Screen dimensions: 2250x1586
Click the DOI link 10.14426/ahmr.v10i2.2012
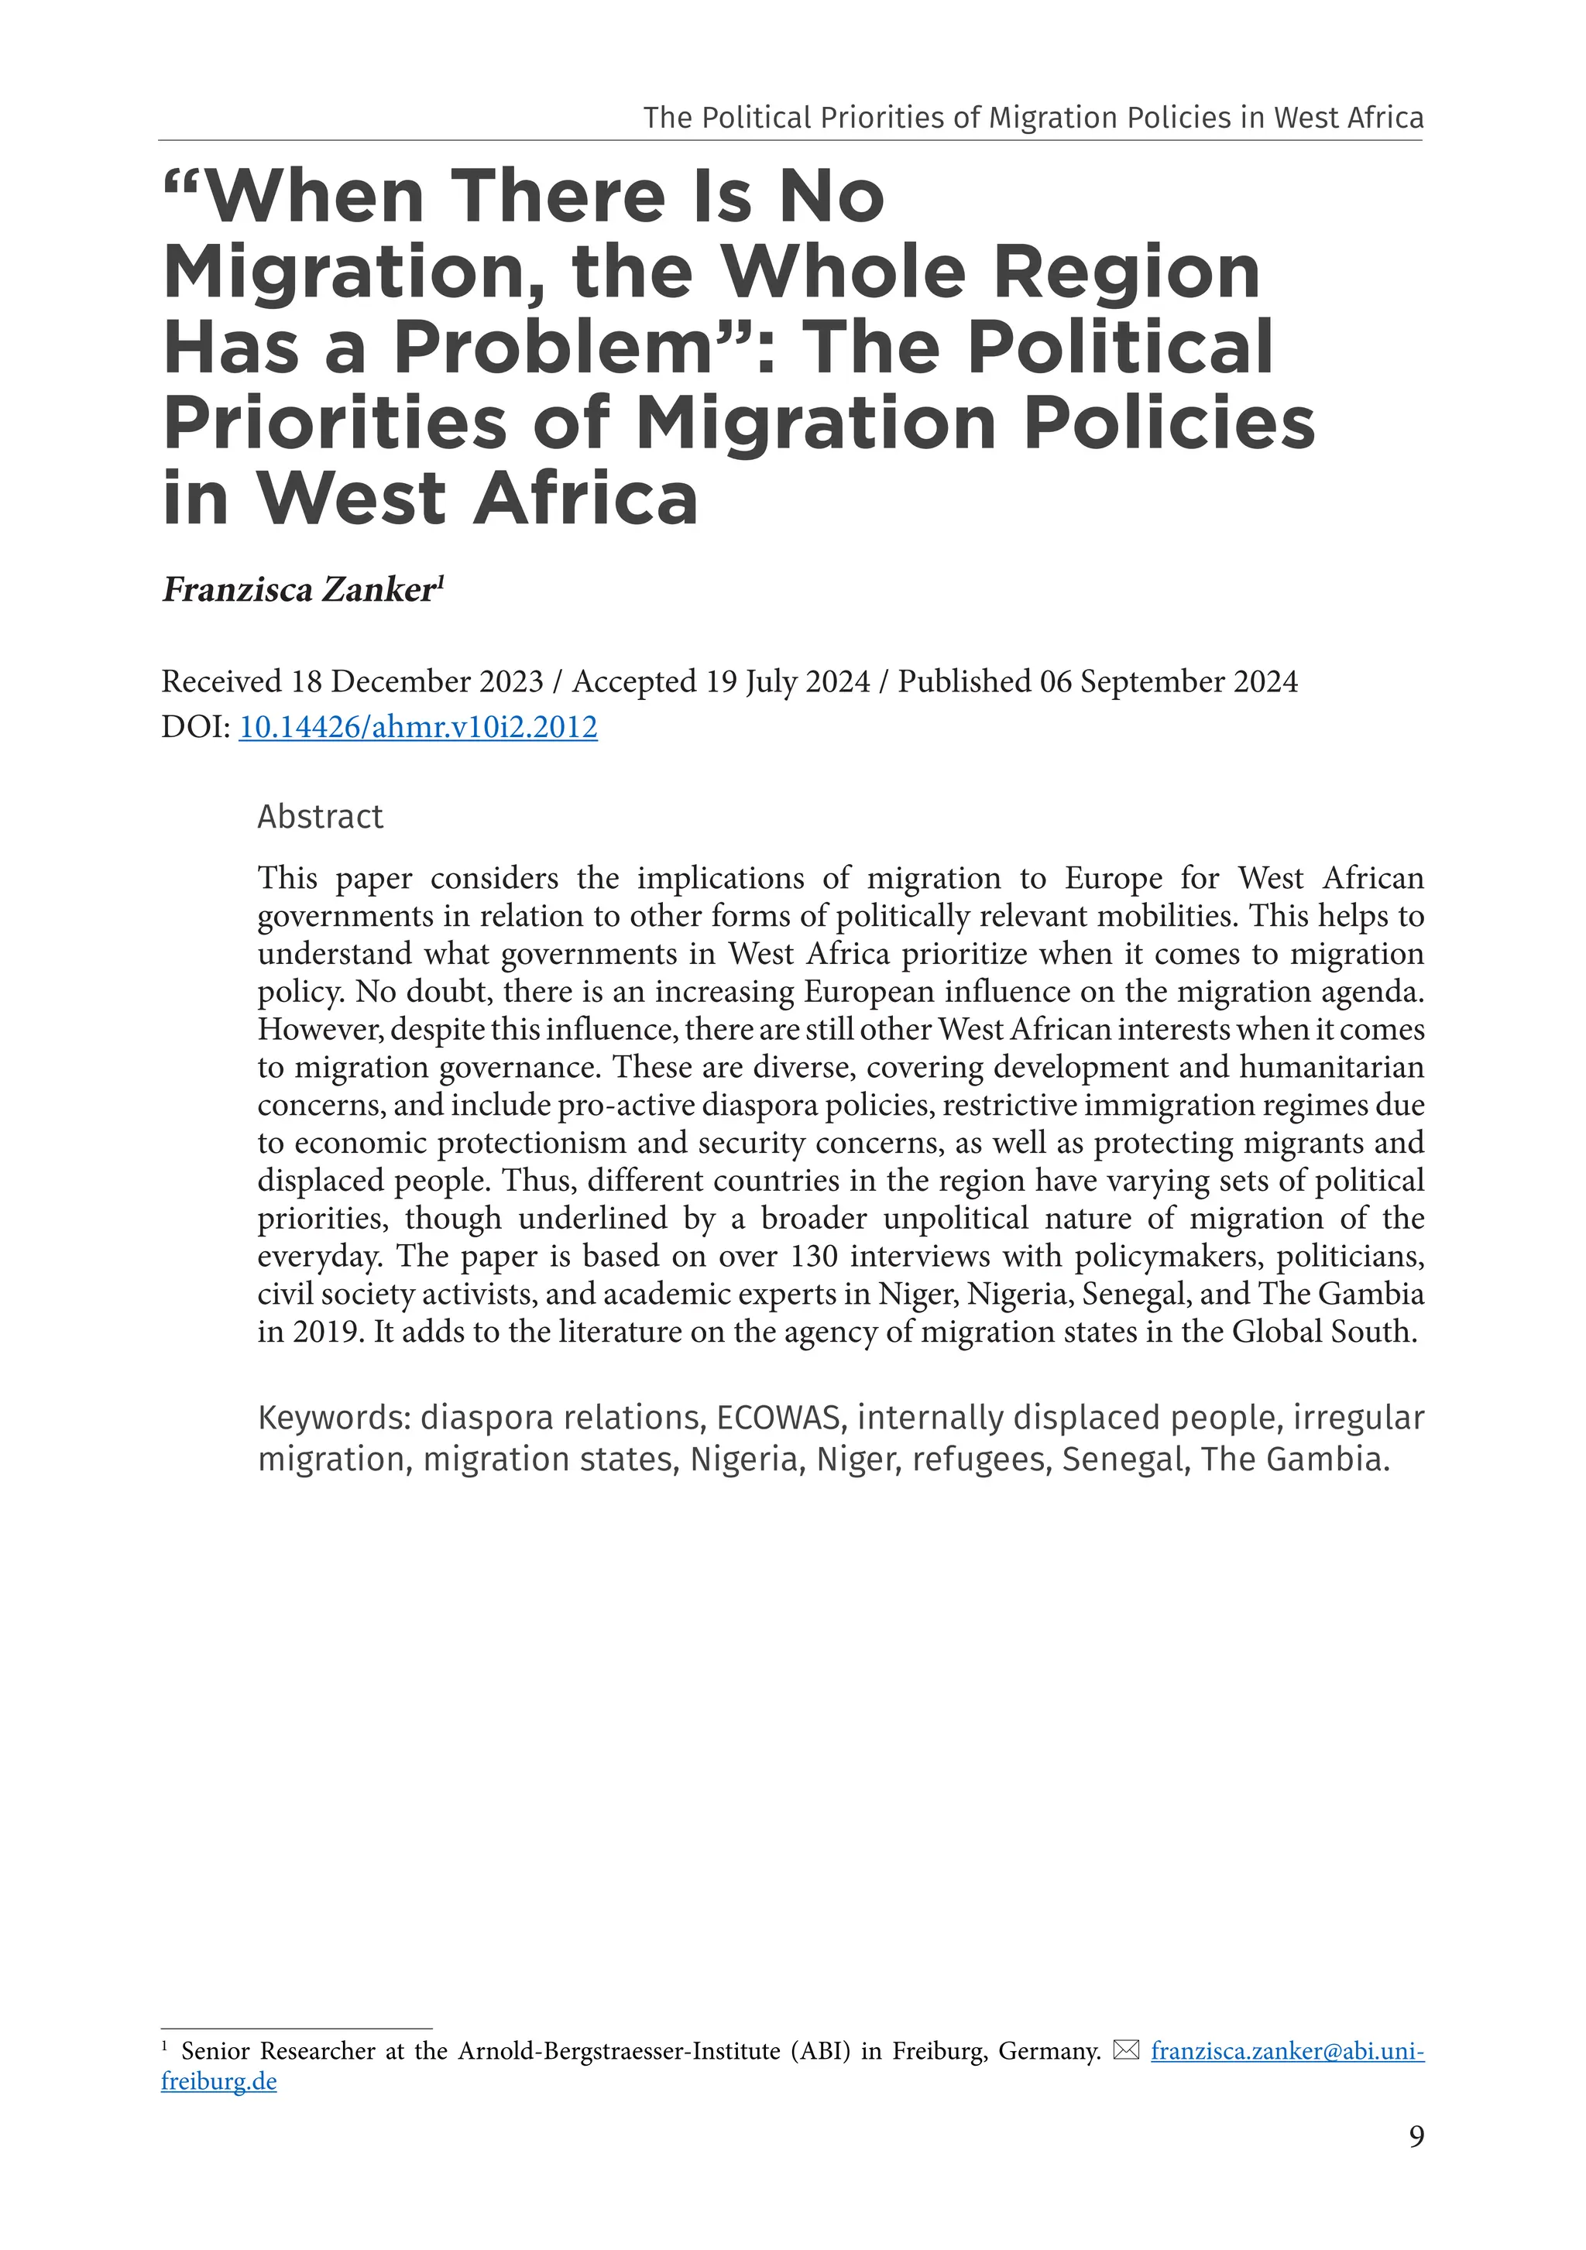point(417,727)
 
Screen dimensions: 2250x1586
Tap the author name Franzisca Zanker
point(298,590)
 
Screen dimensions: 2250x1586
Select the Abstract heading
point(320,816)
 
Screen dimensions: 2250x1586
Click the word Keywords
point(333,1418)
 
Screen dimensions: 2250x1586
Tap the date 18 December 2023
point(417,681)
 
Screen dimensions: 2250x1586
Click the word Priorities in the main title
point(335,424)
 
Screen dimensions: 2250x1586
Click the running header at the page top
point(1033,118)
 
